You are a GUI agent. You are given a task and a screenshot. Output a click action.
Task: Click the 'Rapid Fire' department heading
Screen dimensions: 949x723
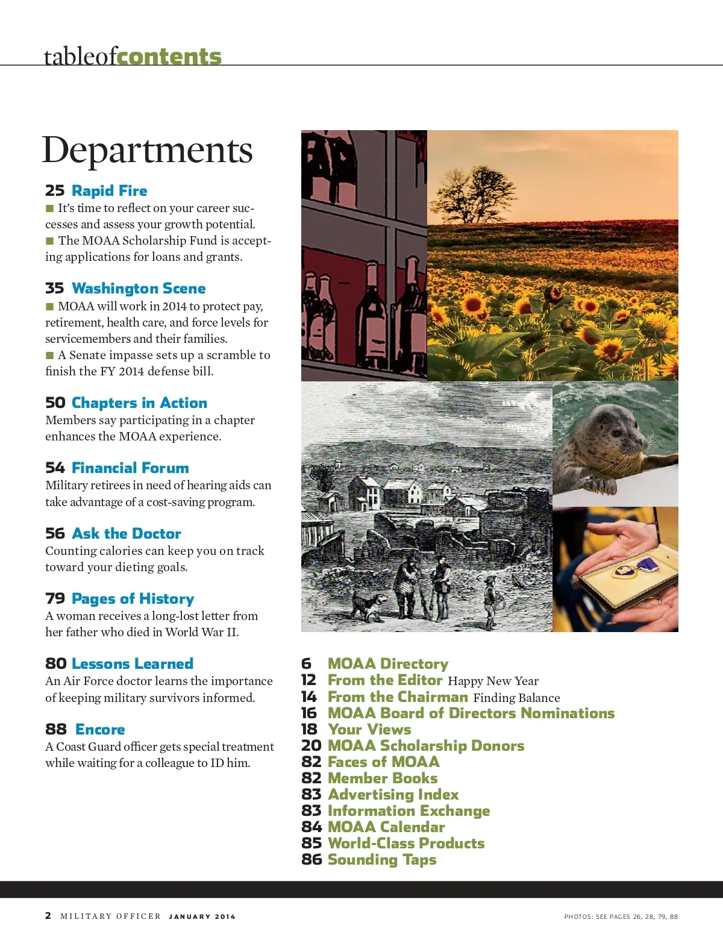click(x=109, y=191)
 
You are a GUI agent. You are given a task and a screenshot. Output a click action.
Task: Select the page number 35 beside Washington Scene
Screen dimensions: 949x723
click(x=54, y=289)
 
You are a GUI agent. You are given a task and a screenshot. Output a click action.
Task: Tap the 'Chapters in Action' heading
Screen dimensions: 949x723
click(x=139, y=403)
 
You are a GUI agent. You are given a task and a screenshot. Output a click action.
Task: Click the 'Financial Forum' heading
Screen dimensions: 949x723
click(x=130, y=468)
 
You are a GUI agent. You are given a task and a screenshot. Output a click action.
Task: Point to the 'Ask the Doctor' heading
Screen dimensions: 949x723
click(x=126, y=534)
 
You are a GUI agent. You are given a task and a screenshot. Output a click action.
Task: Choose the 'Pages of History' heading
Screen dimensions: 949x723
click(x=133, y=599)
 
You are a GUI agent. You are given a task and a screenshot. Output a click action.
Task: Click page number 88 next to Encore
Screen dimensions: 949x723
click(x=56, y=730)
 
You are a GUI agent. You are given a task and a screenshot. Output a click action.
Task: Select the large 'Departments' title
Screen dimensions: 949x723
click(x=147, y=150)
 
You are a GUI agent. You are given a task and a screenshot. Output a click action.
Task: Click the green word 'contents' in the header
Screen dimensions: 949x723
click(x=169, y=57)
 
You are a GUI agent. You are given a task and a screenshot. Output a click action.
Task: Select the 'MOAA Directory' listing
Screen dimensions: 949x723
click(x=388, y=664)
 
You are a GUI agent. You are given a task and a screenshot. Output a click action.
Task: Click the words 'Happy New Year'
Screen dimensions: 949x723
click(x=493, y=681)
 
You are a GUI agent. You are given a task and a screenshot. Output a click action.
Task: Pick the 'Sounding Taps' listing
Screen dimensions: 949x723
click(x=382, y=860)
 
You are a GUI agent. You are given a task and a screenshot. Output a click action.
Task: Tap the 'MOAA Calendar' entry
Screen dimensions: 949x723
click(x=386, y=827)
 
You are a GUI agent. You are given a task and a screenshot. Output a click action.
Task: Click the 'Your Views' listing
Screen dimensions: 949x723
click(x=369, y=730)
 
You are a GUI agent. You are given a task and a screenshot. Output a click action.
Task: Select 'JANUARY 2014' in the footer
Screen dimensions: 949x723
click(x=202, y=916)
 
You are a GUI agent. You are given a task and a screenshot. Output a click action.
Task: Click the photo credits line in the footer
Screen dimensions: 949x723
click(x=621, y=916)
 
